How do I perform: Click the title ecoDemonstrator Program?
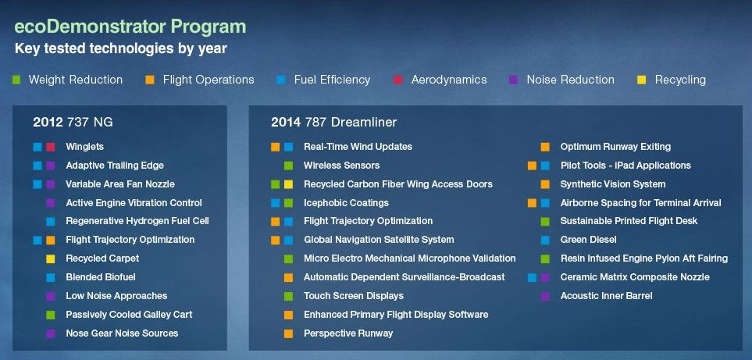[x=130, y=27]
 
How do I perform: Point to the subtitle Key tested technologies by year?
[x=121, y=49]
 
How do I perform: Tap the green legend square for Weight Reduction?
[x=16, y=80]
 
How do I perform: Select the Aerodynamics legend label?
[x=449, y=80]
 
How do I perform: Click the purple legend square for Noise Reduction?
[x=514, y=80]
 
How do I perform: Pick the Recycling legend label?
[x=680, y=80]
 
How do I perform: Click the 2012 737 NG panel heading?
[x=73, y=123]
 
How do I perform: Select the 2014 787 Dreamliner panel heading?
[x=333, y=123]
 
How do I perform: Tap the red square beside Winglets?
[x=50, y=147]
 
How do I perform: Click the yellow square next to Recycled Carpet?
[x=50, y=258]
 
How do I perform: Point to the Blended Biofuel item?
[x=101, y=277]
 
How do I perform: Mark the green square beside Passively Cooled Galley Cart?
[x=50, y=315]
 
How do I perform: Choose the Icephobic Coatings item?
[x=346, y=203]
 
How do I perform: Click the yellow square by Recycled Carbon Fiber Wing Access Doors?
[x=288, y=184]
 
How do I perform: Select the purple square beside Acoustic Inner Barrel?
[x=545, y=296]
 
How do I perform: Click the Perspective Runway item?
[x=348, y=333]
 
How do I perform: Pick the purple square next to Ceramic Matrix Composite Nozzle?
[x=545, y=277]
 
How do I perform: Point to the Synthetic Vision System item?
[x=613, y=184]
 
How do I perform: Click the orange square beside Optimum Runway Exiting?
[x=545, y=147]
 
